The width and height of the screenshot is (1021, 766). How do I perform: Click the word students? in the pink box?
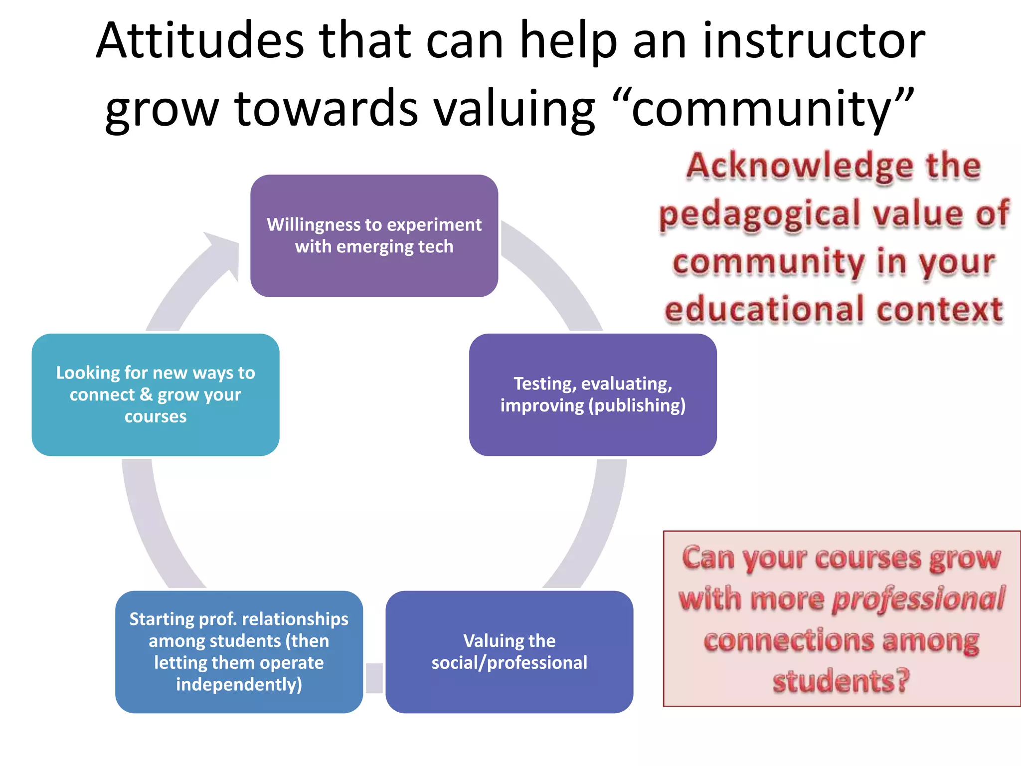point(841,681)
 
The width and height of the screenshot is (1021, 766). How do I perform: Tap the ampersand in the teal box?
point(146,394)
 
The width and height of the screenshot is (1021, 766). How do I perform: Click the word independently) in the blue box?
point(239,684)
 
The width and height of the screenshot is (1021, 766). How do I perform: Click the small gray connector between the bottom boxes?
point(374,678)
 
